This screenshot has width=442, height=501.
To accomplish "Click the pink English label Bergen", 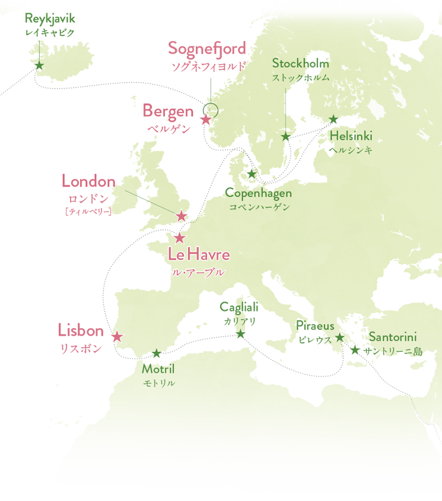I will coord(168,111).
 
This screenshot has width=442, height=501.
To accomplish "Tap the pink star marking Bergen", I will coord(206,120).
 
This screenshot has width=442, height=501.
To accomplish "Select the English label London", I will coord(88,181).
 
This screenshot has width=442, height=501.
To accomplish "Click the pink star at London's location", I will coord(182,216).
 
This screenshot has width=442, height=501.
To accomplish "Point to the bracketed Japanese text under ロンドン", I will coord(88,211).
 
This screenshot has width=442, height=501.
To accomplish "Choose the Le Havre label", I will coord(199,256).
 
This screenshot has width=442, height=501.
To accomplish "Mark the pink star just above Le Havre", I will coord(180,238).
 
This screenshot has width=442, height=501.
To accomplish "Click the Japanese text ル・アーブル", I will coord(199,272).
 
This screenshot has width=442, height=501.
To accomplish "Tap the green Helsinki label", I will coord(351,136).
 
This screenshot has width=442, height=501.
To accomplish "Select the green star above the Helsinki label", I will coord(334,120).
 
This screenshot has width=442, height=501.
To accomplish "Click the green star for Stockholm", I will coord(285,137).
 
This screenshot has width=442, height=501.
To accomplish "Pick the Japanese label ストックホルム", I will coord(300,77).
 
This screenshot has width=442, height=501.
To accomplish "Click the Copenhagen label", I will coord(259,194).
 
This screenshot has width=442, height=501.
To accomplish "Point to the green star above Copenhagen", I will coord(251,174).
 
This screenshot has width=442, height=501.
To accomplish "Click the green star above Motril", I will coord(156,355).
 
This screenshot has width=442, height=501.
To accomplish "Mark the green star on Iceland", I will coord(39,65).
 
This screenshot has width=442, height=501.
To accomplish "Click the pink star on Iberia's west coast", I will coord(117,336).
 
